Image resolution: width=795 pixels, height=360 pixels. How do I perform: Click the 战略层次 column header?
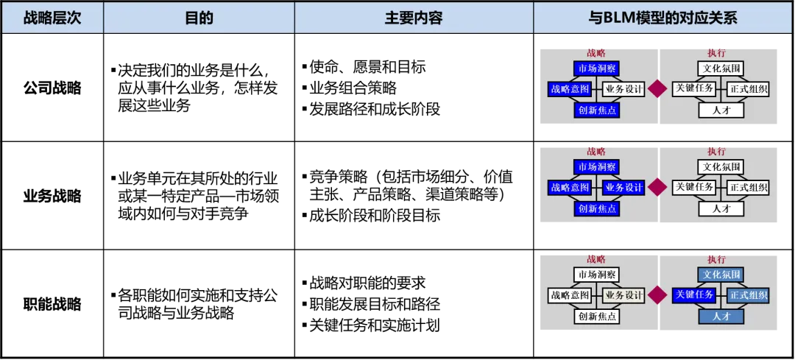pos(52,18)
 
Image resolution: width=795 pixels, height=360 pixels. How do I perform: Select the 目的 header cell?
pos(199,18)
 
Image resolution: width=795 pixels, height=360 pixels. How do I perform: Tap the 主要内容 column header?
pos(414,18)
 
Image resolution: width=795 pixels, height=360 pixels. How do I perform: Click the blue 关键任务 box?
pos(694,295)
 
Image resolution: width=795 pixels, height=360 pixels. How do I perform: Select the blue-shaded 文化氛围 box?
pos(721,275)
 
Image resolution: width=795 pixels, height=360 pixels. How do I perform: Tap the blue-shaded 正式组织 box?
pos(749,295)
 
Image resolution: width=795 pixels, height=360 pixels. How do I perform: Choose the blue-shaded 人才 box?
pos(721,316)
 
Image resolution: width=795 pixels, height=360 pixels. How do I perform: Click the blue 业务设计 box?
pos(623,188)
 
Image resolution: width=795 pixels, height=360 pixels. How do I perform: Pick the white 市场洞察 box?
pos(596,275)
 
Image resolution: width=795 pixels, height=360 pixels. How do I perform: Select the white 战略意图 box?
pos(570,295)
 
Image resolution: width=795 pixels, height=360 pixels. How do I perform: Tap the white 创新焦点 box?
pos(596,317)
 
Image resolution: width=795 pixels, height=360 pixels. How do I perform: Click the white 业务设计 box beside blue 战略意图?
pos(623,90)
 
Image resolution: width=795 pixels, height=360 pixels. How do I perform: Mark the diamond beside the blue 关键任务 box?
pos(657,295)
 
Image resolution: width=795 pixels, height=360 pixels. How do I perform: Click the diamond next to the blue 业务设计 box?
pos(657,188)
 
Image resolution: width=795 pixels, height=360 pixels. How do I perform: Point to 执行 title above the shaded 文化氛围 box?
pos(716,258)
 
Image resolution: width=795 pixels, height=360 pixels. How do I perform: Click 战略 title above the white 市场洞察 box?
pos(596,258)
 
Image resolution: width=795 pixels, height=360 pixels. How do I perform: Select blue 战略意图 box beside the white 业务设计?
pos(570,90)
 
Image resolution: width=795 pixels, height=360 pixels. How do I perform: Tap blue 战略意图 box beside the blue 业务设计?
pos(570,188)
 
